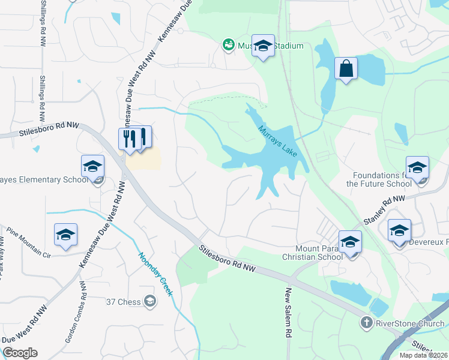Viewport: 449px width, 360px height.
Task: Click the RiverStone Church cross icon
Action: (x=366, y=323)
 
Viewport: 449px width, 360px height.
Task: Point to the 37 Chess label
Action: (x=124, y=301)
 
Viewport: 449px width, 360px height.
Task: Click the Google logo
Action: (x=20, y=353)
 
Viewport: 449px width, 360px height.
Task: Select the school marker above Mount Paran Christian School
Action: (x=350, y=242)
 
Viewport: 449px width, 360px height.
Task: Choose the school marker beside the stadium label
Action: (x=263, y=46)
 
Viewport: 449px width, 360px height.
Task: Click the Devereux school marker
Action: (x=399, y=230)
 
